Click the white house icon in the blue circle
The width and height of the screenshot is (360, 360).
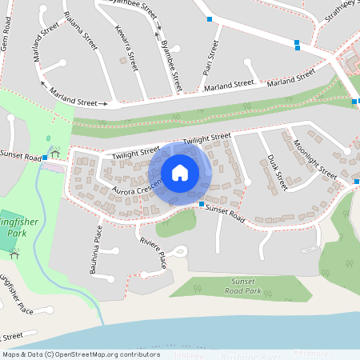coord(180,173)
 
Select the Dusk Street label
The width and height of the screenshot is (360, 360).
coord(277,173)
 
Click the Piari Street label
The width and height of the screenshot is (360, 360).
coord(210,58)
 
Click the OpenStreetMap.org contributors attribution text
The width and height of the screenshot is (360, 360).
coord(104,354)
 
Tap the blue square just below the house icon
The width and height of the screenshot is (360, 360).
coord(201,205)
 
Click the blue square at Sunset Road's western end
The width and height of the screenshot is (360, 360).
coord(45,158)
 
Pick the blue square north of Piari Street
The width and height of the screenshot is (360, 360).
coord(210,18)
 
